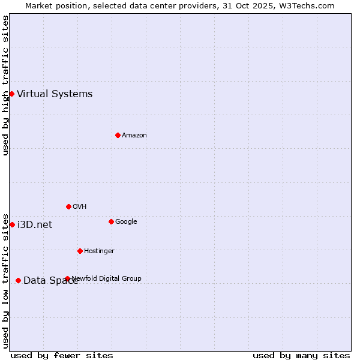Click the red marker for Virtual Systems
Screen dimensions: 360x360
[x=11, y=94]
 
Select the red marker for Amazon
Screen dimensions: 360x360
[x=118, y=135]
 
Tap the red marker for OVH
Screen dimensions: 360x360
[x=68, y=206]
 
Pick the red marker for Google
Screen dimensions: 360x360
[x=111, y=221]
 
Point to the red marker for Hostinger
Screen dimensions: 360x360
[x=80, y=251]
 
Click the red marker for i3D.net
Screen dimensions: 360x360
[x=12, y=224]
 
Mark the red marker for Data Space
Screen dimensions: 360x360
[x=18, y=280]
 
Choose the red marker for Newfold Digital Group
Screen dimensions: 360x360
[x=67, y=278]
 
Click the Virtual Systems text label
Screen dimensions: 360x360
[x=55, y=94]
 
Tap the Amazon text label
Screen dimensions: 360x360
[x=134, y=135]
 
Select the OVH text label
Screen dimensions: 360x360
[x=80, y=206]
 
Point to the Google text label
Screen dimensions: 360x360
[x=126, y=221]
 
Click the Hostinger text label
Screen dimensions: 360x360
[x=99, y=251]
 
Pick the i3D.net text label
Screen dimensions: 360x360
[x=35, y=224]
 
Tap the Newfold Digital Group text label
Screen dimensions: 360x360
[x=107, y=278]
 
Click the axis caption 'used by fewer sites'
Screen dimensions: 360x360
[x=62, y=355]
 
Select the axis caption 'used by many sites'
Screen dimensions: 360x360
[x=301, y=355]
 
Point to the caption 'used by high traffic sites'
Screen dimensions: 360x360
[x=5, y=85]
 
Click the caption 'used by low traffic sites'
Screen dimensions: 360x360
[x=5, y=280]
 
